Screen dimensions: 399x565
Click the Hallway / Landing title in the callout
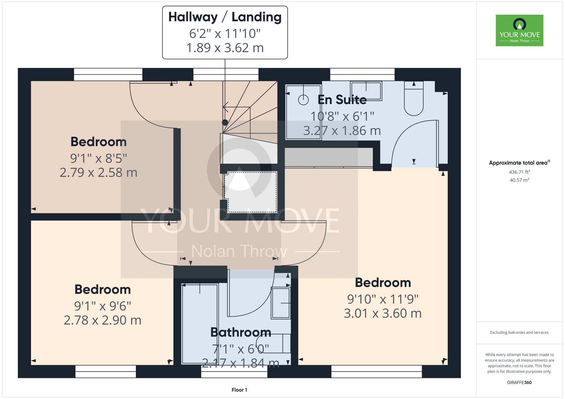[x=225, y=17]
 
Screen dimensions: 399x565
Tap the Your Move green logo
[x=519, y=30]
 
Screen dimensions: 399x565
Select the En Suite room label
[x=342, y=100]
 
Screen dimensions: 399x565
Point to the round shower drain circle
[x=303, y=100]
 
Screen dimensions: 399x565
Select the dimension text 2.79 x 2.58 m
[x=98, y=173]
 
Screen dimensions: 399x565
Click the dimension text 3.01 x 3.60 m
[x=383, y=313]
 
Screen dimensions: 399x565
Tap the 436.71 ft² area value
[x=519, y=172]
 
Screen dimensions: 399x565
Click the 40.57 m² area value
[x=519, y=180]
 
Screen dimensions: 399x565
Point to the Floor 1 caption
[x=239, y=390]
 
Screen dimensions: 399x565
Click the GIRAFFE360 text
[x=519, y=382]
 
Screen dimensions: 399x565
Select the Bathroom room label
[x=241, y=332]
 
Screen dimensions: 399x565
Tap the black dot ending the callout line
[x=225, y=122]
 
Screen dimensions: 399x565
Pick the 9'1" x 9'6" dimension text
[x=102, y=306]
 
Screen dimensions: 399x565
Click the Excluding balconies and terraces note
[x=519, y=332]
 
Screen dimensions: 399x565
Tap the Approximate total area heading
[x=519, y=163]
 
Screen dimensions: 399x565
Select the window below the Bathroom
[x=234, y=374]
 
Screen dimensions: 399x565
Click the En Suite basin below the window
[x=366, y=91]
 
